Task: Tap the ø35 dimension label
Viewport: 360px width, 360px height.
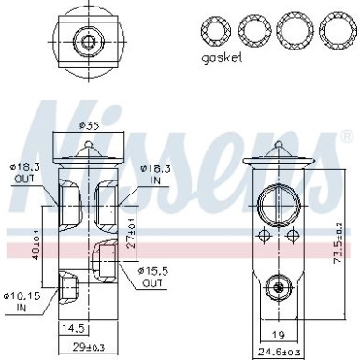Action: click(x=89, y=124)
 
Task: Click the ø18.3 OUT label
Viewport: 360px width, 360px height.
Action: click(x=25, y=172)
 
